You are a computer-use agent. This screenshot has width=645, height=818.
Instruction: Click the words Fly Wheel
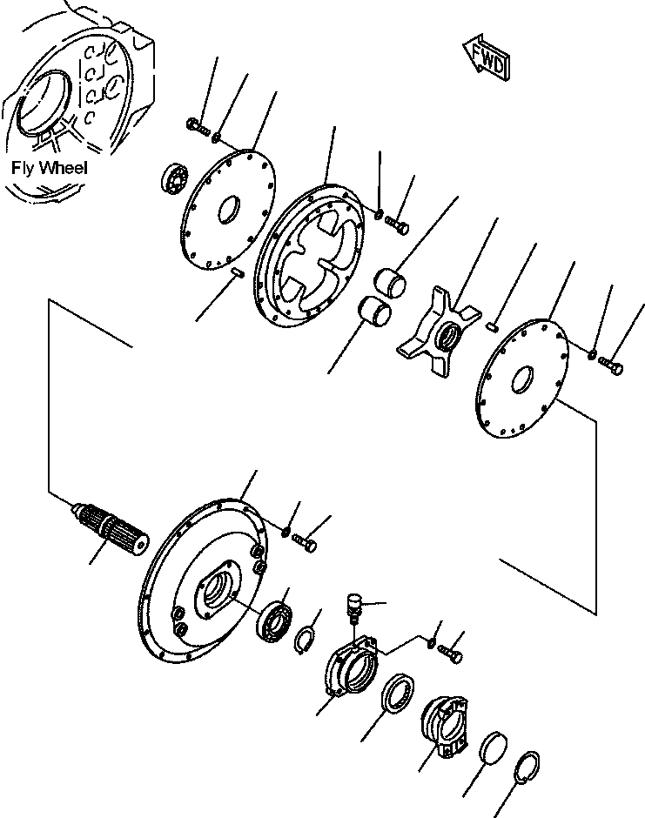50,168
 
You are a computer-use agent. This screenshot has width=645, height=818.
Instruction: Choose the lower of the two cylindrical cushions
375,311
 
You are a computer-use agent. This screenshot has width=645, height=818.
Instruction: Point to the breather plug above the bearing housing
353,604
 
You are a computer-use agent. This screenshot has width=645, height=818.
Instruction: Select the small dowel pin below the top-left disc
236,274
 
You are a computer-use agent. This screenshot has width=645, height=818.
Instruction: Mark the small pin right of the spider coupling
492,327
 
